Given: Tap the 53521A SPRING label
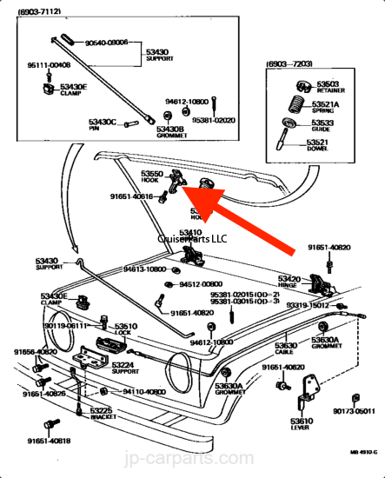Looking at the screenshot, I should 326,105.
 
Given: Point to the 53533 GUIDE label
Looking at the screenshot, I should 325,126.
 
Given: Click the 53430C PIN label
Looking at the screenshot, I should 103,125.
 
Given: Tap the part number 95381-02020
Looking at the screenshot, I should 213,121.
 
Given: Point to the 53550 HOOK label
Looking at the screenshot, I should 152,177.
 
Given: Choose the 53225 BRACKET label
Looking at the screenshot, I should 101,413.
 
